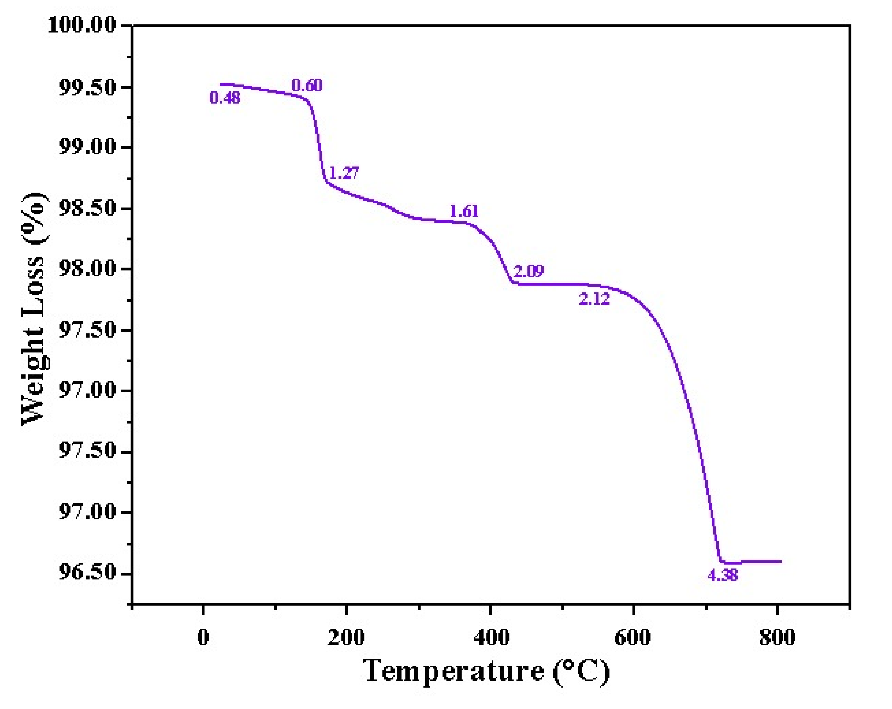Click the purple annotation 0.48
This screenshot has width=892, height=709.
[x=225, y=98]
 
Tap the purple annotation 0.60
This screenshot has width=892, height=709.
[x=307, y=85]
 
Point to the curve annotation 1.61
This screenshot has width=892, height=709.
[x=464, y=212]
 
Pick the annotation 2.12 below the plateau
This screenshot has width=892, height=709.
[x=594, y=299]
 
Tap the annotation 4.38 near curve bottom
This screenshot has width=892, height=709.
[x=723, y=575]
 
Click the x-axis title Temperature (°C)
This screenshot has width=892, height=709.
[x=486, y=671]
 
